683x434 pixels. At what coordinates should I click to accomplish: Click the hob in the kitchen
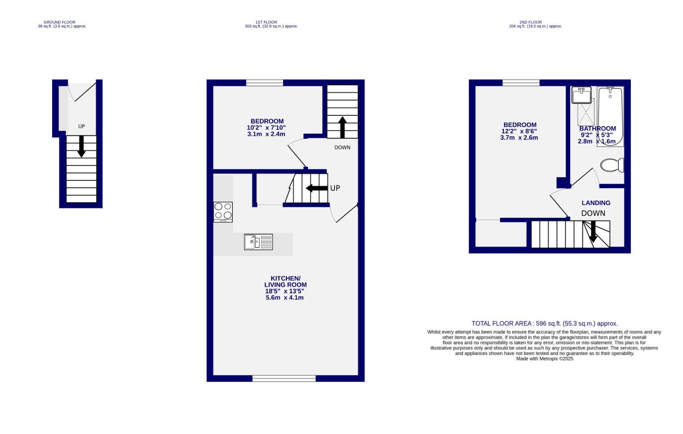pos(223,212)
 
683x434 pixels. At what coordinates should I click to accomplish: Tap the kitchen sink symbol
pos(258,242)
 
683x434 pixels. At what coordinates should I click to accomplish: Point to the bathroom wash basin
pos(581,95)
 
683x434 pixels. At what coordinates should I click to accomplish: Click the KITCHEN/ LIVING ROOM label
pos(285,282)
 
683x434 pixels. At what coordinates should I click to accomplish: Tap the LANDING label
pos(596,203)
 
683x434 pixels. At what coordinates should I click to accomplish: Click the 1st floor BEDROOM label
pos(267,121)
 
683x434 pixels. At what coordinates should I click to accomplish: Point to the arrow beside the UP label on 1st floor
pos(317,188)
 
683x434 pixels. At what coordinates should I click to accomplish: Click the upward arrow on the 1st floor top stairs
pos(342,127)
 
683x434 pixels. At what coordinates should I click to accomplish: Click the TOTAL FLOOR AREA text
pos(544,323)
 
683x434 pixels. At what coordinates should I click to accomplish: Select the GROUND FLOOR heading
pos(59,23)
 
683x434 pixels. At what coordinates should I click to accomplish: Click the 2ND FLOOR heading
pos(530,23)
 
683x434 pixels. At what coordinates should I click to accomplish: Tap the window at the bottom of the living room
pos(284,378)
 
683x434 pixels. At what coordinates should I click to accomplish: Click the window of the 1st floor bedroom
pos(264,83)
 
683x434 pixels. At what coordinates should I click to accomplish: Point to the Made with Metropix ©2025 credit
pos(544,359)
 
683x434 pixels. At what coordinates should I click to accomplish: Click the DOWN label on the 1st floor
pos(342,147)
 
